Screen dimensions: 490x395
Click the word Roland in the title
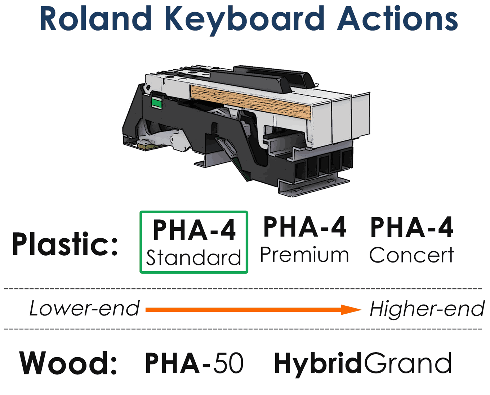[95, 18]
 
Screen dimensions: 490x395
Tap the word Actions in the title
[397, 18]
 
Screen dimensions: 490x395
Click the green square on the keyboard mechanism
[156, 103]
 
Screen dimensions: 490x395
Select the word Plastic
[64, 244]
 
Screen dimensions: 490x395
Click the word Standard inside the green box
[193, 257]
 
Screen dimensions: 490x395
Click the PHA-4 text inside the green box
[194, 229]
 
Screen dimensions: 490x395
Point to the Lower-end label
[84, 309]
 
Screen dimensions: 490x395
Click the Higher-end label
[427, 309]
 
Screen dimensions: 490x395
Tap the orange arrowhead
[351, 310]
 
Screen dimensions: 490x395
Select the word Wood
[68, 363]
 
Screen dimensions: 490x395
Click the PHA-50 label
[194, 363]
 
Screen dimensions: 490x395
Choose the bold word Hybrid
[318, 364]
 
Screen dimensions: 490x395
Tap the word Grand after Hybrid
[407, 363]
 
